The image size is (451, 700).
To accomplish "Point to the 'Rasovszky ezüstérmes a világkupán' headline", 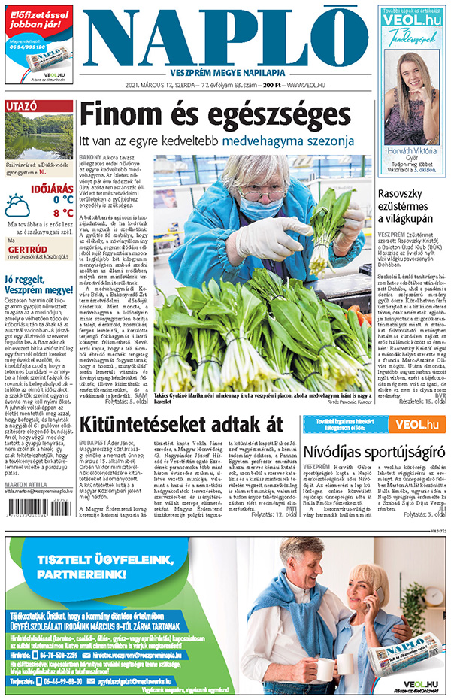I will (408, 206).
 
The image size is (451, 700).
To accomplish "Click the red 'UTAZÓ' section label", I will (22, 107).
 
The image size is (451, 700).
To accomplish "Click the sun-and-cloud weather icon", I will (17, 205).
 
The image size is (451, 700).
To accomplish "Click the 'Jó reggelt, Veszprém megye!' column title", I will (38, 289).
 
